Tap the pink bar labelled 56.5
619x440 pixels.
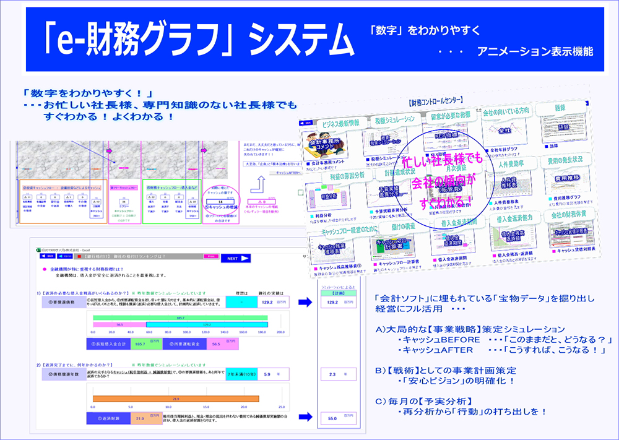pos(119,324)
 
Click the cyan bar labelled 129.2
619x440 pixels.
pos(207,324)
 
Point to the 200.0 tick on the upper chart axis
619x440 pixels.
pos(280,332)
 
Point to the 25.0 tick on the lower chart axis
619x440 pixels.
pos(281,407)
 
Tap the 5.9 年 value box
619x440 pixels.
pos(267,374)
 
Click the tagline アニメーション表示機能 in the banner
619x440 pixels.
pos(535,51)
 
